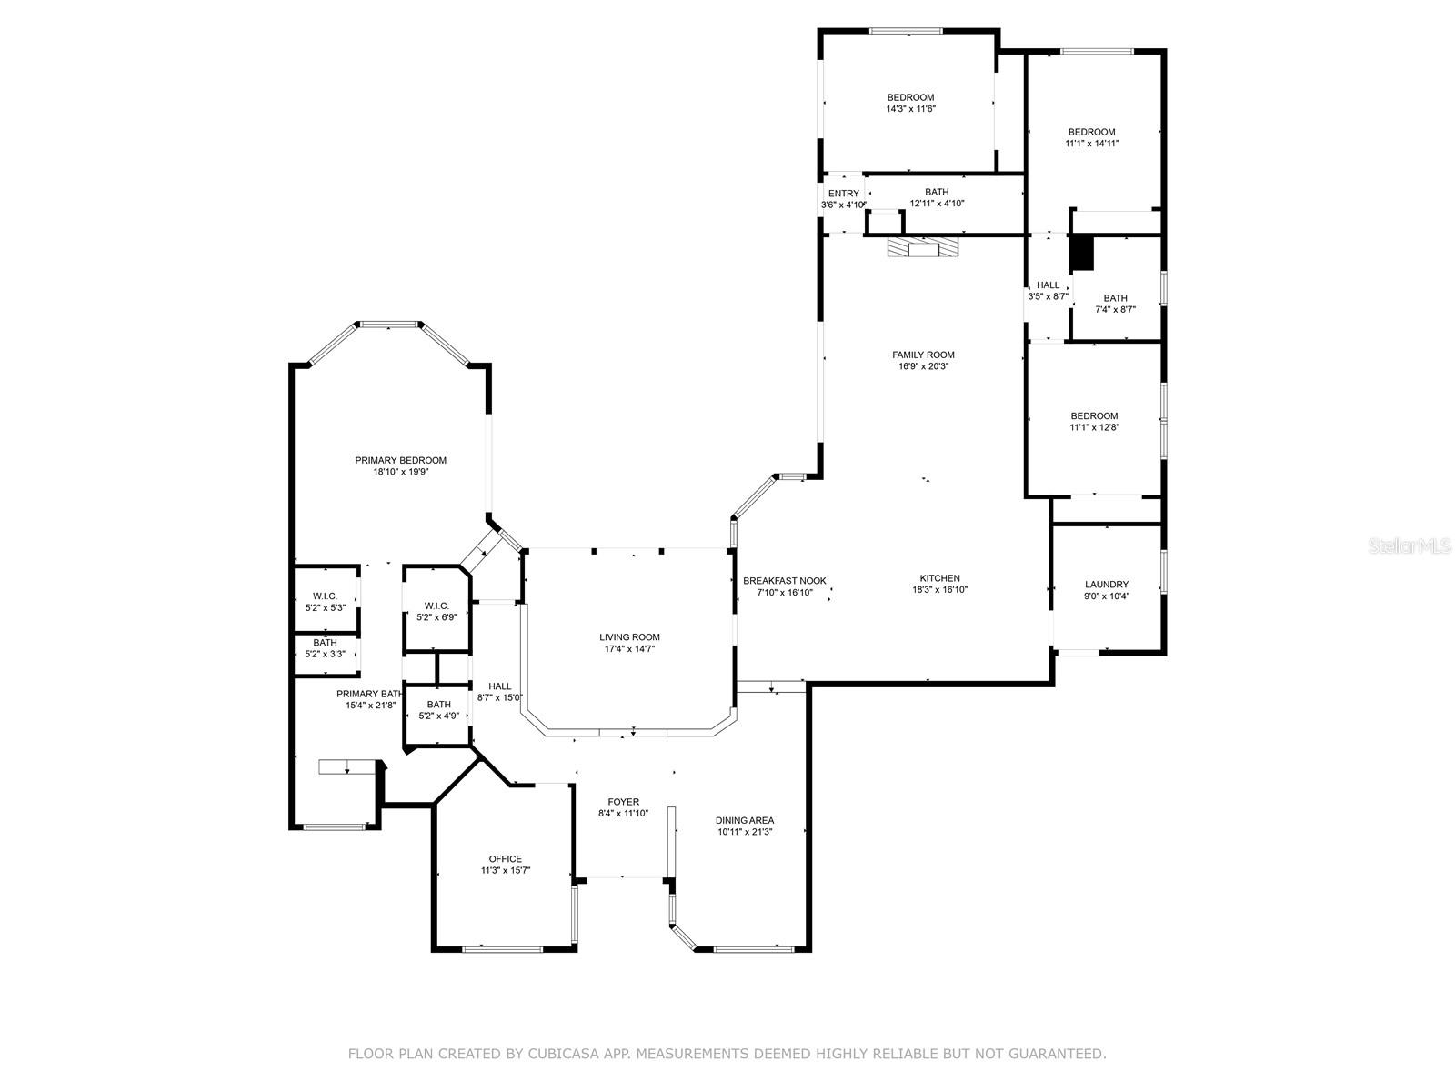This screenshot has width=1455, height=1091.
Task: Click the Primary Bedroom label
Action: [x=400, y=461]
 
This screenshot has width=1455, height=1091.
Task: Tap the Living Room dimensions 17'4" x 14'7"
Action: [x=629, y=649]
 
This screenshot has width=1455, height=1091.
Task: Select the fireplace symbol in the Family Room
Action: [x=923, y=247]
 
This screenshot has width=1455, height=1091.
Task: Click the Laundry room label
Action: [x=1107, y=585]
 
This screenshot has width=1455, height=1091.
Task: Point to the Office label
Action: [x=505, y=859]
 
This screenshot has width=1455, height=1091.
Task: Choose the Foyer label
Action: [x=623, y=802]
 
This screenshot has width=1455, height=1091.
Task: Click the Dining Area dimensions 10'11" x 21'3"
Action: [x=745, y=832]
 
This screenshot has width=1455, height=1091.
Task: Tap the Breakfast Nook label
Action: [x=784, y=581]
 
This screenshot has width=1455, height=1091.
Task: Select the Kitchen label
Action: [x=939, y=578]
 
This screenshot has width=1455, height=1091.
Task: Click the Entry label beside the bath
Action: [x=843, y=194]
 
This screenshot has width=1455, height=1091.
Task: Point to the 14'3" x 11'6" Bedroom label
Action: [x=910, y=98]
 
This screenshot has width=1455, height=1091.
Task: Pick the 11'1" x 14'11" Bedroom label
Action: [x=1091, y=132]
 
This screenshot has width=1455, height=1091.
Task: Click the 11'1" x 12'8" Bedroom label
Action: [x=1094, y=416]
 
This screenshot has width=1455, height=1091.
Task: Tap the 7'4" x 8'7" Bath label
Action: [x=1115, y=298]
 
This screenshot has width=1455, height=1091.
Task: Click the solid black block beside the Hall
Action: [x=1080, y=253]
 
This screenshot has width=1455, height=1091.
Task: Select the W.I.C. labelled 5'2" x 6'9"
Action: [x=436, y=606]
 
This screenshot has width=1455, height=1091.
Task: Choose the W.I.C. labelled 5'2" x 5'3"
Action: [x=325, y=596]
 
